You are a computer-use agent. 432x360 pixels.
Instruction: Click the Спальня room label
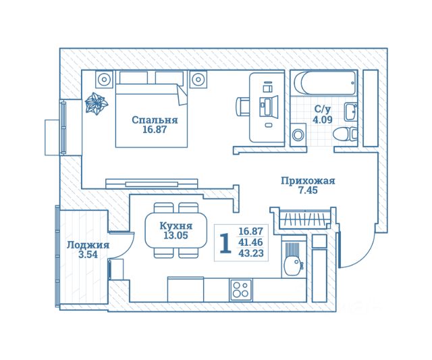[155, 120]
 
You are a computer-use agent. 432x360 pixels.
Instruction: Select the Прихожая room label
[308, 180]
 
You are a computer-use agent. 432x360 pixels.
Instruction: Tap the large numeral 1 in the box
[225, 242]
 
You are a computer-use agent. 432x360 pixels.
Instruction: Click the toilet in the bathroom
[346, 133]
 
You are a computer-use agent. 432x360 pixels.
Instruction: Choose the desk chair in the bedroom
[243, 107]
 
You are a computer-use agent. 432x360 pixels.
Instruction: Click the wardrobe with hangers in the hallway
[302, 219]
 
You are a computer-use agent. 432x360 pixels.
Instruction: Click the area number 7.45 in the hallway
[308, 190]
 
